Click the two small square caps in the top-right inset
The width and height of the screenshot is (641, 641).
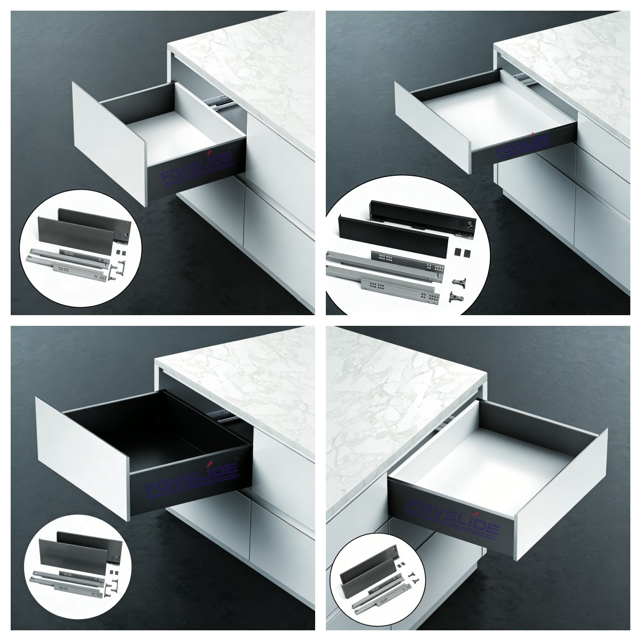[x=460, y=251]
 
